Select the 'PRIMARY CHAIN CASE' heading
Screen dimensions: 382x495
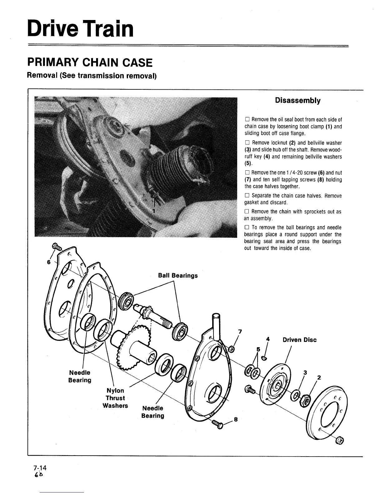pyautogui.click(x=90, y=62)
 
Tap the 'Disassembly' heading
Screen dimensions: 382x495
pyautogui.click(x=297, y=100)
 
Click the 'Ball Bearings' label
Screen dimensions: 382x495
pyautogui.click(x=178, y=275)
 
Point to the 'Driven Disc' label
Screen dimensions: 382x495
pyautogui.click(x=299, y=340)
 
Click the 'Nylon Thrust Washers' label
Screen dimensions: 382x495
pyautogui.click(x=115, y=398)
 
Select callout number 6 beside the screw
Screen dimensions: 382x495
pyautogui.click(x=48, y=262)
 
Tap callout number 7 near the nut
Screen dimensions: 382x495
pyautogui.click(x=240, y=331)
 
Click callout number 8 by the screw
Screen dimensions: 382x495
pyautogui.click(x=236, y=420)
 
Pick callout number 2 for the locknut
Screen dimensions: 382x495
pyautogui.click(x=319, y=377)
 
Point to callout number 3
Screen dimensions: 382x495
pyautogui.click(x=305, y=372)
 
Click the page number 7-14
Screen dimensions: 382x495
pyautogui.click(x=40, y=468)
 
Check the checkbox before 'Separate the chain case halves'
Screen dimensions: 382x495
pyautogui.click(x=247, y=196)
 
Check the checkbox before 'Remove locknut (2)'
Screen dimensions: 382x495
pyautogui.click(x=247, y=143)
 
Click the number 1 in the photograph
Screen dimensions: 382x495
pyautogui.click(x=153, y=211)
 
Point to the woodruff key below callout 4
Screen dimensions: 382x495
pyautogui.click(x=264, y=358)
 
